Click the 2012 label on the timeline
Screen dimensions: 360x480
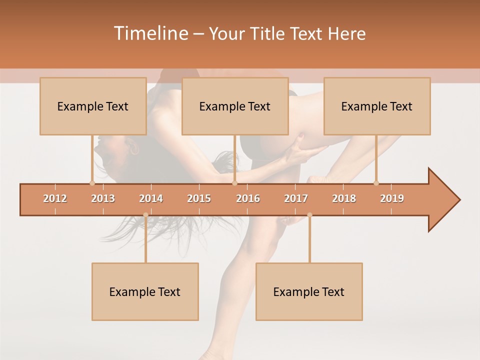pos(55,198)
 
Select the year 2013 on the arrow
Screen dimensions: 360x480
pos(103,198)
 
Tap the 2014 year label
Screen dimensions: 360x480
pos(151,198)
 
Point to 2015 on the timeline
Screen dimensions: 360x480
pos(199,198)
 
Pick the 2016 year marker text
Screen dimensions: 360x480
pos(248,198)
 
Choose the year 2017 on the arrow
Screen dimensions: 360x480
pos(296,198)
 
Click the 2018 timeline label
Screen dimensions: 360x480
pos(344,198)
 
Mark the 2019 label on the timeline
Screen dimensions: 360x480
pos(392,198)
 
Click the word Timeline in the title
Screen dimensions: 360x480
pos(150,33)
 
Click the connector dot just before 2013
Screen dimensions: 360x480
pos(92,183)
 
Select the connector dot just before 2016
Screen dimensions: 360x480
pos(234,183)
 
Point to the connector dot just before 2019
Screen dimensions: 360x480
pos(376,183)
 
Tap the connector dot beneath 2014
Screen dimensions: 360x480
pos(145,215)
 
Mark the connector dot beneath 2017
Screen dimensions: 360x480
pos(309,215)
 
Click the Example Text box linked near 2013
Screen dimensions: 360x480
pos(93,106)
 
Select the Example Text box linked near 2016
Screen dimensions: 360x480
pos(235,106)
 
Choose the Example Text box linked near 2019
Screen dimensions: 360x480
pos(377,106)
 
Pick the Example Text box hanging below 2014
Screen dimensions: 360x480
pos(145,291)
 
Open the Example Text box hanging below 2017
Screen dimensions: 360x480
pos(309,291)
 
